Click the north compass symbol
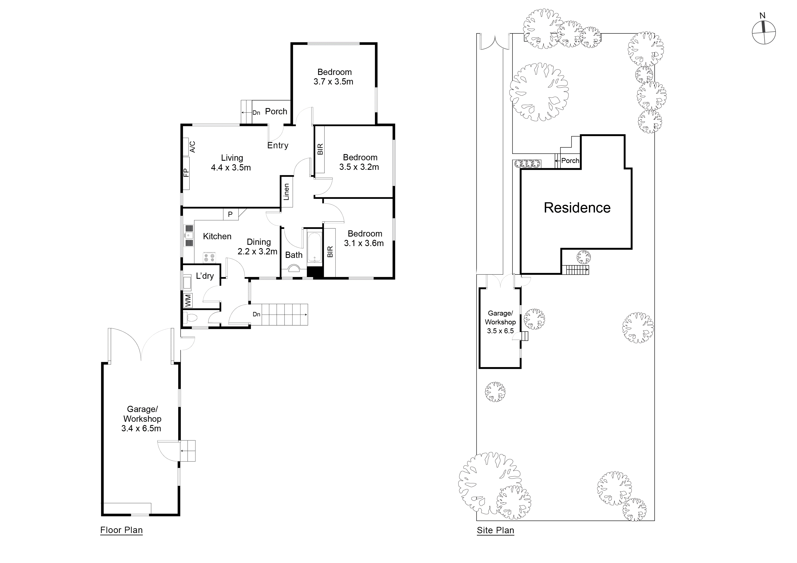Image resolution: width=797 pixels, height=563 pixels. tap(764, 32)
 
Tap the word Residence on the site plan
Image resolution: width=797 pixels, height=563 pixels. tap(577, 208)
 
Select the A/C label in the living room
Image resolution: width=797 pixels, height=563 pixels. tap(192, 146)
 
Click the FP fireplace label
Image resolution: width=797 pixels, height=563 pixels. tap(186, 172)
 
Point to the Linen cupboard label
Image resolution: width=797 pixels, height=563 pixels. tap(286, 192)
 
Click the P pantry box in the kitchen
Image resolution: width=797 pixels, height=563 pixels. tap(230, 214)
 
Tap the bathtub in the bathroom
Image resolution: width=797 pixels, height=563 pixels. tap(314, 247)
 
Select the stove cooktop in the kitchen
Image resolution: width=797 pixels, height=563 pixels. tap(209, 257)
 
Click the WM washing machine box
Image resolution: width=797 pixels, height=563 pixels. tap(188, 300)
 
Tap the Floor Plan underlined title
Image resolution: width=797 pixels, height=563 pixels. tap(122, 530)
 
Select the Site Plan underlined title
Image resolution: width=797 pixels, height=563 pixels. tap(495, 530)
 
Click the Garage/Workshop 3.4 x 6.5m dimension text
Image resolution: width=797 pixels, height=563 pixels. tap(141, 428)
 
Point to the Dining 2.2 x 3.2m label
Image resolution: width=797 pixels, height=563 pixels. tap(258, 247)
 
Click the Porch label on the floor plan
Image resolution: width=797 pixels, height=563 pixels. tap(276, 111)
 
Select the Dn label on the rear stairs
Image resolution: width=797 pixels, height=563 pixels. tap(256, 314)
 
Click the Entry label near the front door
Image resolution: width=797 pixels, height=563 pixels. tap(278, 145)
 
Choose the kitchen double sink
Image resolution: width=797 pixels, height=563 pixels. tap(189, 236)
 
